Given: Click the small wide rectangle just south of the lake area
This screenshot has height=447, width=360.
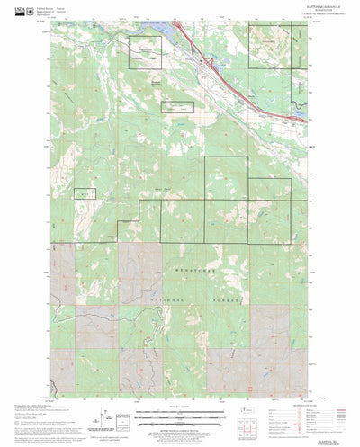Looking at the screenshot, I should (177, 107).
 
